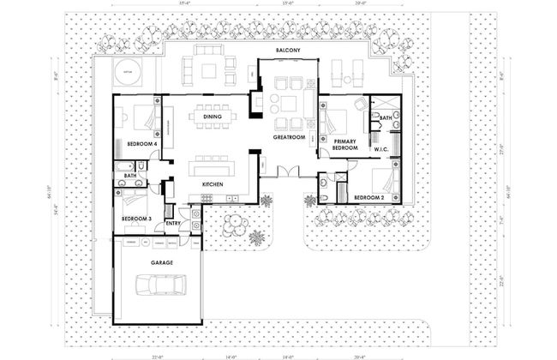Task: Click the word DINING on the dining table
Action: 213,117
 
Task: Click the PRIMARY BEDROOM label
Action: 345,147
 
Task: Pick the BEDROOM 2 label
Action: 369,198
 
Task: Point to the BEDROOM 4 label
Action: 141,144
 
